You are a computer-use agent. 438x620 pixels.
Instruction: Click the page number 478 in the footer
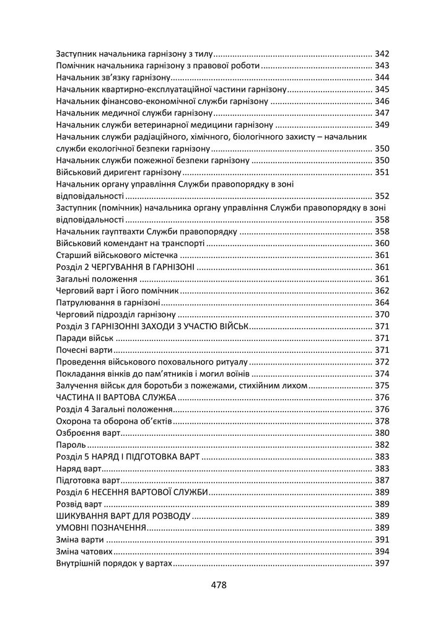219,585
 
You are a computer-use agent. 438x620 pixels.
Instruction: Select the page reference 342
382,54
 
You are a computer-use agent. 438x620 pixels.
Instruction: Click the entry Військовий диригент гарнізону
118,172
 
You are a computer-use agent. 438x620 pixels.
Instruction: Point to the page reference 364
382,303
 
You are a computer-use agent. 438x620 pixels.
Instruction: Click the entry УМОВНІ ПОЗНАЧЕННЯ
100,528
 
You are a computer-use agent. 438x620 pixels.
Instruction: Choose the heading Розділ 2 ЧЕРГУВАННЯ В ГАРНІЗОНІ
125,267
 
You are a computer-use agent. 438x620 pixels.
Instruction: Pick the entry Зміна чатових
84,551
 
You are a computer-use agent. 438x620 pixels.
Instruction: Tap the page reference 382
382,445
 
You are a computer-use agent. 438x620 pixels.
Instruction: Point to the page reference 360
382,244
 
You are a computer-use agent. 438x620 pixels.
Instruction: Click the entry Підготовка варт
87,480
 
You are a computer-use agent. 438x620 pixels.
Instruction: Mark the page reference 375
382,386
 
